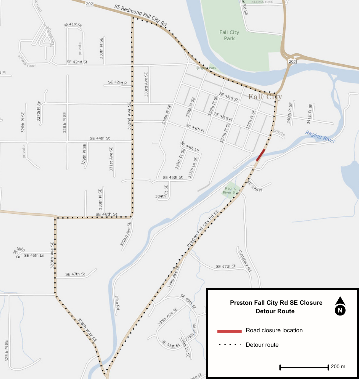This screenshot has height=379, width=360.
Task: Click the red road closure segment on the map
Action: [x=260, y=155]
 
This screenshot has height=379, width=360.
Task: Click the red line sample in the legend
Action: [x=229, y=331]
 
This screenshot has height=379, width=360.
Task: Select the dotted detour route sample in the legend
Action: [x=229, y=345]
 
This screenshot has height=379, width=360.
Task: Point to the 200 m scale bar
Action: [x=304, y=367]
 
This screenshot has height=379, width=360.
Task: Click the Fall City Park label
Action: [x=229, y=35]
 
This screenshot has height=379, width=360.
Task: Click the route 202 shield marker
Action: [x=89, y=4]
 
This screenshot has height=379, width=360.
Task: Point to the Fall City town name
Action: [x=265, y=97]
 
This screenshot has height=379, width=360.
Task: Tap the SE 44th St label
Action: [x=99, y=138]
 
